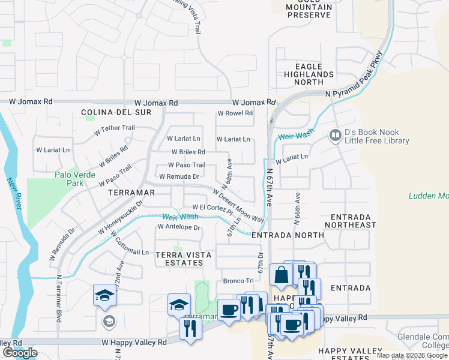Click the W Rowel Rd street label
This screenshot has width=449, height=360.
point(235,113)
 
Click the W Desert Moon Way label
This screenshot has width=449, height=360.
point(238,205)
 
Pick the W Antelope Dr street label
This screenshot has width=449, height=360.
point(178,227)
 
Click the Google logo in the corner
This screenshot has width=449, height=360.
point(20,353)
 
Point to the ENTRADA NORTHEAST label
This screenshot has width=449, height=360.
point(350,220)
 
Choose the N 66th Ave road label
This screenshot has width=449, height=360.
point(296,209)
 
